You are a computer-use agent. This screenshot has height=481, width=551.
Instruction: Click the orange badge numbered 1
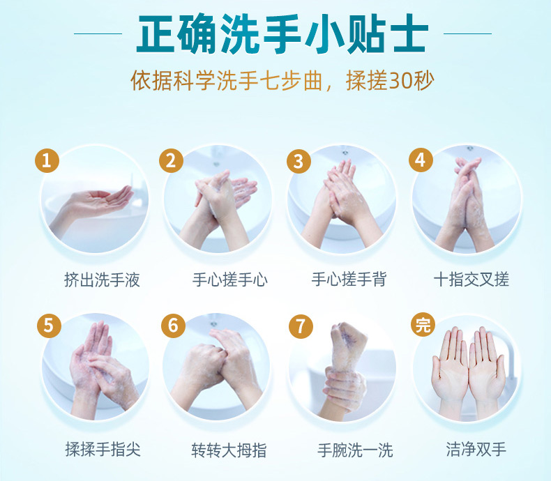47,160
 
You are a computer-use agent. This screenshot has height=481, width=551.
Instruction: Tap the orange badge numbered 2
171,160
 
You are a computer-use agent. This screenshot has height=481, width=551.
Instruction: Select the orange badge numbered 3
299,161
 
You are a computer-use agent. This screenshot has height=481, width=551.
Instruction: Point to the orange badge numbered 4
421,160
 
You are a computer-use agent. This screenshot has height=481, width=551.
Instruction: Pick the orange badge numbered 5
50,326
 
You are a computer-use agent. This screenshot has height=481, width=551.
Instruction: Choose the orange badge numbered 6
173,326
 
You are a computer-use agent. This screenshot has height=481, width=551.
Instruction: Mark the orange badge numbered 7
301,326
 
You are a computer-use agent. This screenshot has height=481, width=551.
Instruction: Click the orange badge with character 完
423,324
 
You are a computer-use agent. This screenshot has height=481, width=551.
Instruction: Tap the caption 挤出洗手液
102,280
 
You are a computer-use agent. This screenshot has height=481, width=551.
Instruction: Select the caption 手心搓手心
230,280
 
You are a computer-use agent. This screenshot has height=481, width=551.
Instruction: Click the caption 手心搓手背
349,280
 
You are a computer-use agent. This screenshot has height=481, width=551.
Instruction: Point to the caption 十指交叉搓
471,280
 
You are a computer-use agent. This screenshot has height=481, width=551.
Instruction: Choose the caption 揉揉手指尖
103,450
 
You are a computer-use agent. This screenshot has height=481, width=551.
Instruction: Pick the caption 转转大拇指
229,450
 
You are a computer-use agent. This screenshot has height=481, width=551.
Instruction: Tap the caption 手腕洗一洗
355,450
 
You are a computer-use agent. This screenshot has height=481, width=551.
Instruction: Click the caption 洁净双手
476,449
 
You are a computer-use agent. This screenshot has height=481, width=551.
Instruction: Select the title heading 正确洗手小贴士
282,34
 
